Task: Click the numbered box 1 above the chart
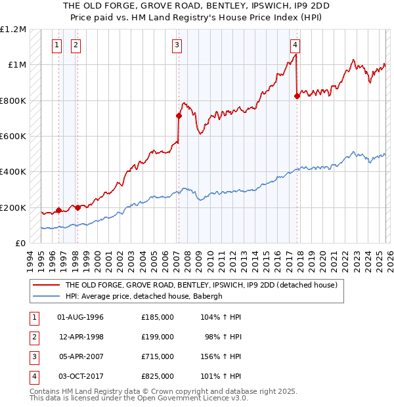tap(57, 45)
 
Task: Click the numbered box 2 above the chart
tap(76, 45)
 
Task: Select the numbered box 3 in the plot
tap(177, 45)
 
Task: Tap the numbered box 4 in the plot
tap(295, 45)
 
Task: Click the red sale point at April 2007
tap(179, 116)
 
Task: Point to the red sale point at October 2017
tap(297, 96)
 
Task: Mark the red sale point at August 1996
tap(58, 210)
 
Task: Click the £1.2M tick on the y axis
tap(13, 30)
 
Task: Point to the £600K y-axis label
tap(13, 137)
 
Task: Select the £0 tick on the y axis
tap(20, 244)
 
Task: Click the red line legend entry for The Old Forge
tap(201, 285)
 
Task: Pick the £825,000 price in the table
tap(158, 376)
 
